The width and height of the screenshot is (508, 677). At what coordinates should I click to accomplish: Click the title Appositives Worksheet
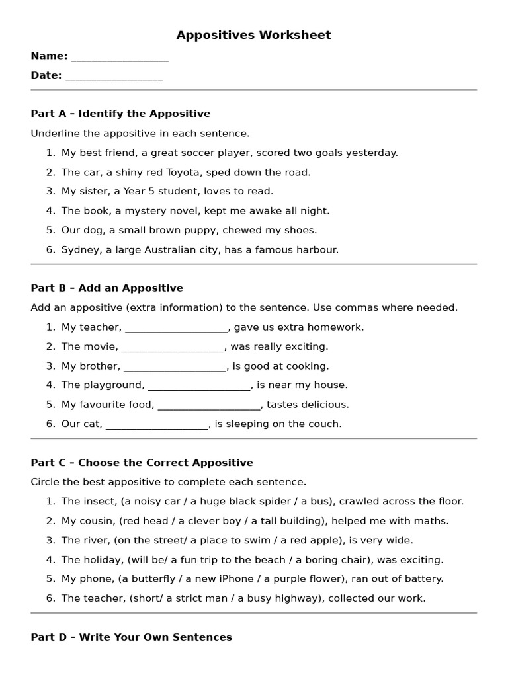coord(253,35)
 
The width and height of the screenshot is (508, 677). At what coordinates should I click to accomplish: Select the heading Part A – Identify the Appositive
coord(120,114)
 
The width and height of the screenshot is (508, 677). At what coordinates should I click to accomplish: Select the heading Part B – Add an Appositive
coord(106,288)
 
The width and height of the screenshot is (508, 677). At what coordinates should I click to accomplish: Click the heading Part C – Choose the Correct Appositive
coord(142,463)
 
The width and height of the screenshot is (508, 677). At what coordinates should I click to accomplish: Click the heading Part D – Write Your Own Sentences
coord(131,637)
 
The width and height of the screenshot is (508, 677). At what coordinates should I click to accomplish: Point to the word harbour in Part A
coord(316,250)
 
